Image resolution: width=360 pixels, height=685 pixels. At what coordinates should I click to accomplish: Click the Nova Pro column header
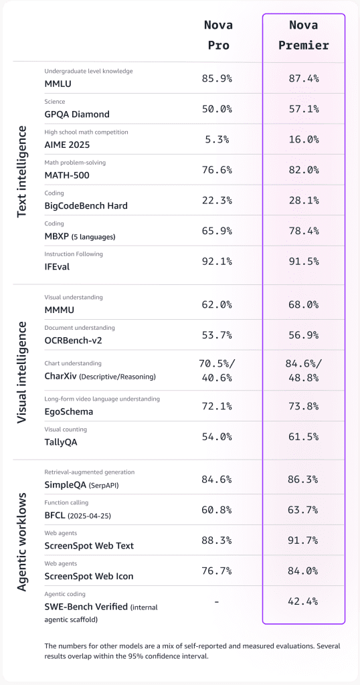click(x=217, y=35)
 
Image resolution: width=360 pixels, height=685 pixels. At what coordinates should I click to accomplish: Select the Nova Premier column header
click(x=303, y=35)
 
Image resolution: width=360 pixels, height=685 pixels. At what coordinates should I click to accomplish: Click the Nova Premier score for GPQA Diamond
click(x=303, y=108)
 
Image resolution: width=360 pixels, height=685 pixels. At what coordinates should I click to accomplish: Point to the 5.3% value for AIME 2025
click(x=217, y=139)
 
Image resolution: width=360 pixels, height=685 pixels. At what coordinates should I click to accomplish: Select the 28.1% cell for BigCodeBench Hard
click(x=303, y=200)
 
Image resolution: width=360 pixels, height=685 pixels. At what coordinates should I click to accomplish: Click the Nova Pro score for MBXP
click(x=217, y=230)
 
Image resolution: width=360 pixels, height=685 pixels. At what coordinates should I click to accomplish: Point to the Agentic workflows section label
click(x=22, y=543)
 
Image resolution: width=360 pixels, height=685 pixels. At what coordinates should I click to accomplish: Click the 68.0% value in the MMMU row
click(x=303, y=304)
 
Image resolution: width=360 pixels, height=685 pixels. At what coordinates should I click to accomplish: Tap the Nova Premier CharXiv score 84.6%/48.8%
click(x=303, y=370)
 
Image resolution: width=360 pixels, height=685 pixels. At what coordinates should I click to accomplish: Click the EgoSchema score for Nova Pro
click(x=217, y=406)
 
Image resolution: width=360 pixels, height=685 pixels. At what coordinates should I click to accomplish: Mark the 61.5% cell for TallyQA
click(x=303, y=436)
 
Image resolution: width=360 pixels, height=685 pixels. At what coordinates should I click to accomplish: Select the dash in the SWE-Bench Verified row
click(x=217, y=601)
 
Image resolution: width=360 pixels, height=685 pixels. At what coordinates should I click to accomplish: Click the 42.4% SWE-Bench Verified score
click(x=303, y=601)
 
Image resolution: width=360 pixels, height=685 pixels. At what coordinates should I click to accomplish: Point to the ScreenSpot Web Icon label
click(x=89, y=576)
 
